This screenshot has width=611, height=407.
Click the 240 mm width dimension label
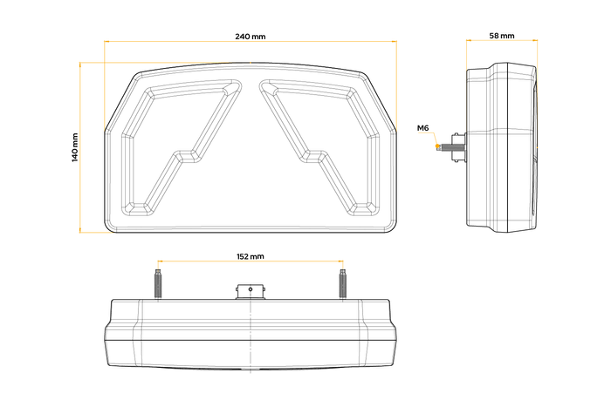[250, 37]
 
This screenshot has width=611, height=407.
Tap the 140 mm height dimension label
[76, 147]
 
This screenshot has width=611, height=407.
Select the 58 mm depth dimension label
[501, 37]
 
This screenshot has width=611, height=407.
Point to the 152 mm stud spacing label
[250, 257]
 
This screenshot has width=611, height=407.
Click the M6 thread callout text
[423, 129]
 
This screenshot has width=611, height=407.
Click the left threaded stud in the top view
[158, 285]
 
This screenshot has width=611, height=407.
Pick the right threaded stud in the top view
[343, 285]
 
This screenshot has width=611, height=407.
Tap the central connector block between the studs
[251, 290]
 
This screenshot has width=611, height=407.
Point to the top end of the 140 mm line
[80, 63]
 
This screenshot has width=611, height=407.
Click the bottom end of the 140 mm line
[80, 232]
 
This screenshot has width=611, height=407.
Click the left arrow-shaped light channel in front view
[179, 144]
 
